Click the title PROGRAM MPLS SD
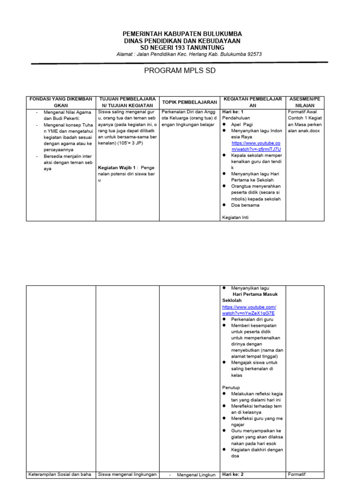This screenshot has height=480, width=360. tap(180, 71)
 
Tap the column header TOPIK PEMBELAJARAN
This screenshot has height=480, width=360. tap(189, 102)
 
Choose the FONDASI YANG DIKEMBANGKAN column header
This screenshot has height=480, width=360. tap(61, 102)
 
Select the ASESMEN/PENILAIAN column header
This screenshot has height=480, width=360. tap(305, 102)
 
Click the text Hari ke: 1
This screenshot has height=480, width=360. tap(233, 112)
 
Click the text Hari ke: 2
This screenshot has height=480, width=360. tap(233, 474)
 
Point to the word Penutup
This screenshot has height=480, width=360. tap(231, 387)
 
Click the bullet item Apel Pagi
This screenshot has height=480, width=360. tap(241, 125)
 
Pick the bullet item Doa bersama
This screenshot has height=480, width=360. tap(245, 205)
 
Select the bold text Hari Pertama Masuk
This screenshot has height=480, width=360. tap(255, 294)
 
